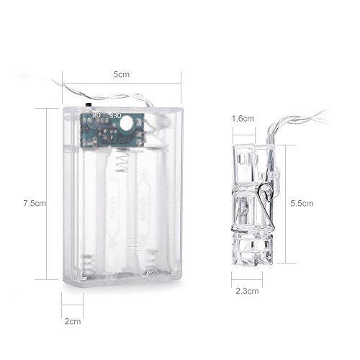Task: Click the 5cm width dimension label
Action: pyautogui.click(x=122, y=74)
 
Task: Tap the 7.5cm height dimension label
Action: pyautogui.click(x=35, y=203)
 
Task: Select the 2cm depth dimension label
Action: pyautogui.click(x=73, y=321)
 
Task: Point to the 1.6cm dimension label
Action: pyautogui.click(x=243, y=119)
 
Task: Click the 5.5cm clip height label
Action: pyautogui.click(x=302, y=204)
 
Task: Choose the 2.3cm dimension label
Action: pyautogui.click(x=247, y=291)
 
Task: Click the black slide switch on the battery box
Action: pyautogui.click(x=89, y=105)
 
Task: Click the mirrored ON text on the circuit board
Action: pyautogui.click(x=96, y=115)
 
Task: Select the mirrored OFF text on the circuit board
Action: pyautogui.click(x=115, y=115)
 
